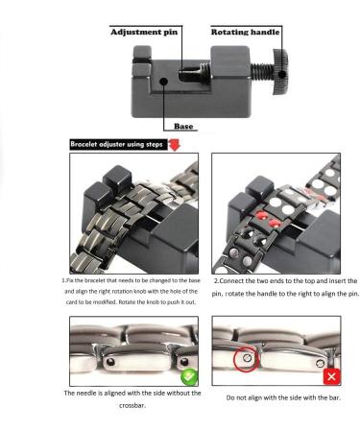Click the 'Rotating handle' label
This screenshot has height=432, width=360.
245,31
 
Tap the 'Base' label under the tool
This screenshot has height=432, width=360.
184,126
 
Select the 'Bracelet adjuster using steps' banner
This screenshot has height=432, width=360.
116,144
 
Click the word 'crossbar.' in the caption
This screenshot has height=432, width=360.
133,406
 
